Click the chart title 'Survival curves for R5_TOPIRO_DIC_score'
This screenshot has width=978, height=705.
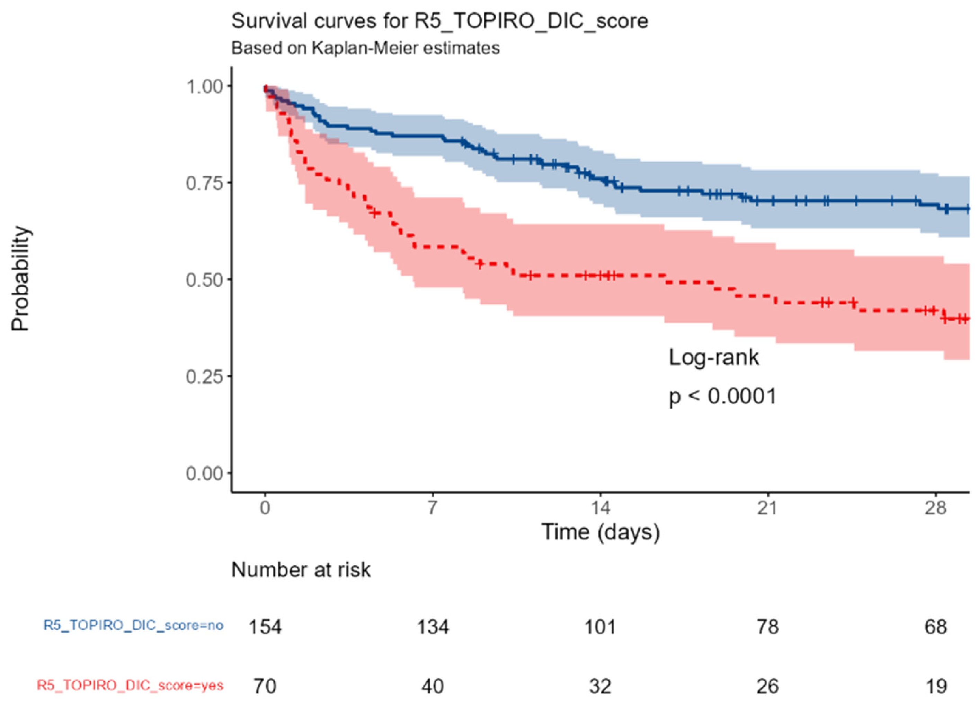point(439,21)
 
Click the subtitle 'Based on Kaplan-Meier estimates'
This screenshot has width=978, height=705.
point(366,48)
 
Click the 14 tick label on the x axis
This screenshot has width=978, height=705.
point(600,508)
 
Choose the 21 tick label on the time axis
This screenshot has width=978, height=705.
point(767,508)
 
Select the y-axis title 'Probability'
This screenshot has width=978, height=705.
point(20,279)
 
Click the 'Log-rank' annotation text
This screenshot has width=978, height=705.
point(714,357)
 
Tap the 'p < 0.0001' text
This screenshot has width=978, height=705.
point(722,396)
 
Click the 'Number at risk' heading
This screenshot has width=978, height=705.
point(301,570)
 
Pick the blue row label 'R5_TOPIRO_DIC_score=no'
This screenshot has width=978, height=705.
point(133,625)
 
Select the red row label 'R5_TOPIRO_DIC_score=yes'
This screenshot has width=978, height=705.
point(130,685)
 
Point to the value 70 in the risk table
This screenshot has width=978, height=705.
point(265,686)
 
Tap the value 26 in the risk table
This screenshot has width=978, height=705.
point(767,686)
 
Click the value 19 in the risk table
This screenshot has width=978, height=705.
point(935,686)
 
